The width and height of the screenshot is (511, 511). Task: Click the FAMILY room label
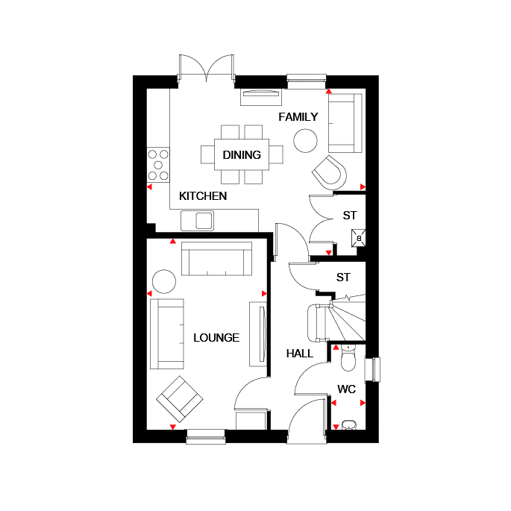coord(298,117)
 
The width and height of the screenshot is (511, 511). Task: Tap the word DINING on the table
coord(242,155)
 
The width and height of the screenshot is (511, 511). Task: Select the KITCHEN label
coord(203,196)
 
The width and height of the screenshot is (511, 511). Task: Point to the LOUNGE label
coord(216,338)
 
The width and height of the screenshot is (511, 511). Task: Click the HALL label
coord(299,354)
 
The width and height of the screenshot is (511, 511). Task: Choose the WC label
coord(346,389)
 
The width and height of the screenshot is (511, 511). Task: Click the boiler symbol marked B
coord(359,238)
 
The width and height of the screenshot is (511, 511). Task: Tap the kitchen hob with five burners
coord(158,165)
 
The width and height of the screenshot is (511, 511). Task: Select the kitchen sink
coord(198,221)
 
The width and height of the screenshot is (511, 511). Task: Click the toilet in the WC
coord(348,358)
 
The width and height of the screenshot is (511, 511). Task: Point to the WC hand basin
coord(349,425)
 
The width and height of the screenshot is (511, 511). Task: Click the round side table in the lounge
coord(164,281)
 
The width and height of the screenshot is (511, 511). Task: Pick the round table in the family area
coord(305,140)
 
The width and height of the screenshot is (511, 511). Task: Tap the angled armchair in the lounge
coord(180,399)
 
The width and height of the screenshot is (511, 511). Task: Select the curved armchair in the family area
coord(330,173)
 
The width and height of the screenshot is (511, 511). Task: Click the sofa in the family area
coord(345,123)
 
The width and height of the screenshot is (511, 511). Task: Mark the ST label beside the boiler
coord(350,216)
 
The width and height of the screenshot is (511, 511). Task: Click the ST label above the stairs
coord(343,278)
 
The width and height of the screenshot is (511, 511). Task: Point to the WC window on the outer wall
coord(372,369)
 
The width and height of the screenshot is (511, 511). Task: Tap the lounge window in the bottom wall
coord(206,436)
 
